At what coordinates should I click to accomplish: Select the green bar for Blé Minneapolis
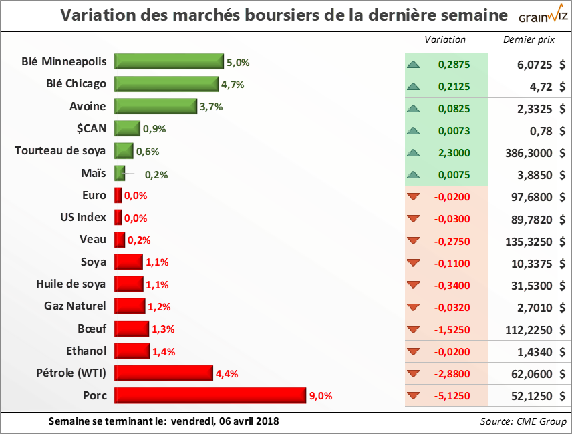coord(169,62)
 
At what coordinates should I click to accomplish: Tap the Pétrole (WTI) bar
coord(164,373)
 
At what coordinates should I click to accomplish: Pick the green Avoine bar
coord(156,106)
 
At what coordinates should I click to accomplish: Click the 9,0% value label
coord(321,396)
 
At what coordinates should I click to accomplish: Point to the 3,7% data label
coord(211,107)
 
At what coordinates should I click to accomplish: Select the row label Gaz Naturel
coord(75,306)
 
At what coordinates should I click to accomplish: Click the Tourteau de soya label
coord(60,150)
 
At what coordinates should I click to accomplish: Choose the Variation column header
coord(445,39)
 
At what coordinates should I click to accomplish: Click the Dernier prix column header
coord(529,39)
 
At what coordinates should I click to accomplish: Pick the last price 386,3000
coord(529,153)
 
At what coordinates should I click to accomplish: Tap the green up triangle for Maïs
coord(413,175)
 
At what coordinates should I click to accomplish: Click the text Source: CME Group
coord(523,421)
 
